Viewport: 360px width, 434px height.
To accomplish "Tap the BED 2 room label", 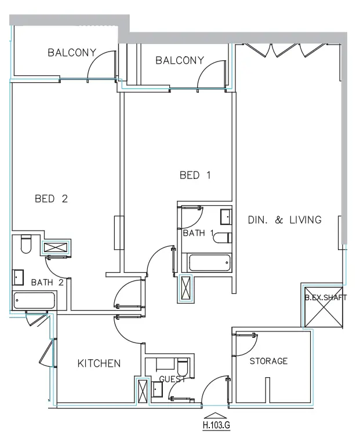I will pos(52,199).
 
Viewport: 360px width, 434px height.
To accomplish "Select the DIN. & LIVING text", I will pos(284,220).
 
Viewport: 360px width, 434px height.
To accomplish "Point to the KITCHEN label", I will pos(99,363).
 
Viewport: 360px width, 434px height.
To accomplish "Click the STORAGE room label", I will pos(268,361).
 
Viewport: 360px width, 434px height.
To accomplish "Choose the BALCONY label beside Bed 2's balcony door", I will pos(71,53).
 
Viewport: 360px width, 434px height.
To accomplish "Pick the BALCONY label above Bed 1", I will pos(180,60).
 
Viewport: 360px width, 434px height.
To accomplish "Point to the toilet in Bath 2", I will pos(26,245).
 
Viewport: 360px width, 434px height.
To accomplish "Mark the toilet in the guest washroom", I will pos(183,367).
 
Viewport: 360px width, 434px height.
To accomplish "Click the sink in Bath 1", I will pos(226,217).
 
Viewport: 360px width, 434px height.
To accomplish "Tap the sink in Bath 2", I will pos(19,278).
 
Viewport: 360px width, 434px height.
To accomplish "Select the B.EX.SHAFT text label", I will pos(326,298).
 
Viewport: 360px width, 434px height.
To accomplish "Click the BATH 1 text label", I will pos(199,234).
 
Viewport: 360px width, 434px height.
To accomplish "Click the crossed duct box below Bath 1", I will pos(186,287).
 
